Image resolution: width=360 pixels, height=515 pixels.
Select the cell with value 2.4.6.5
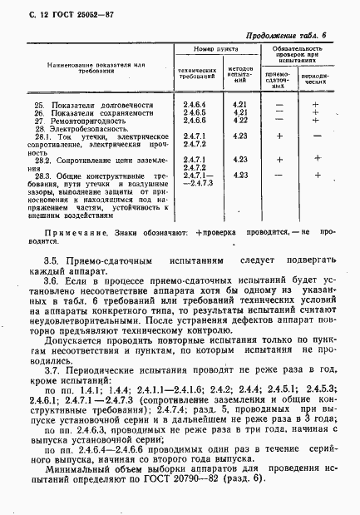195,112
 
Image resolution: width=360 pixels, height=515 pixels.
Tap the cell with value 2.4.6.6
195,120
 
